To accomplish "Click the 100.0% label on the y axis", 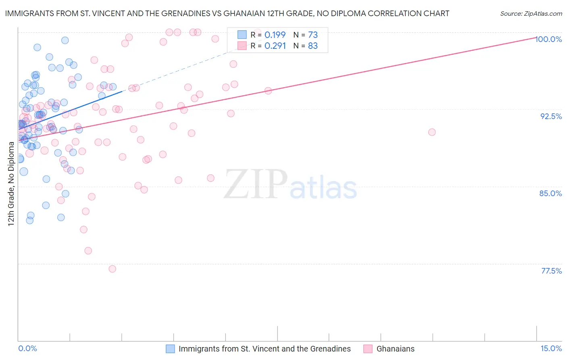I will tap(548, 39).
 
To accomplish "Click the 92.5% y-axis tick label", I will tap(551, 116).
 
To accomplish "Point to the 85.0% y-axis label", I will tap(550, 193).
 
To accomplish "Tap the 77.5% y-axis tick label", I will tap(551, 271).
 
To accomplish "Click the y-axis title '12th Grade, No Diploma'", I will tap(11, 184).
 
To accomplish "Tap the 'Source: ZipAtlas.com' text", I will tap(531, 14).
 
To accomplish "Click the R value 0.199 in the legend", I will tap(275, 35).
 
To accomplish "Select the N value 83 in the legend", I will tap(313, 46).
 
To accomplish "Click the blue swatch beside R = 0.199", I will tap(242, 35).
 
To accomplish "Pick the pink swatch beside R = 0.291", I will tap(242, 46).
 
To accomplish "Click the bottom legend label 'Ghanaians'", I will tap(395, 349).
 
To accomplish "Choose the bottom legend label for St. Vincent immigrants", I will tap(265, 349).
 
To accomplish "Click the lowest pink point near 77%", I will tap(113, 269).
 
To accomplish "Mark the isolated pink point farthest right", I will tap(432, 132).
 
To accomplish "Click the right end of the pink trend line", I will tap(536, 37).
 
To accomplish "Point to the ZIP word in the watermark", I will tap(256, 184).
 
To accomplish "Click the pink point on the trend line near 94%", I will tap(268, 91).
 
